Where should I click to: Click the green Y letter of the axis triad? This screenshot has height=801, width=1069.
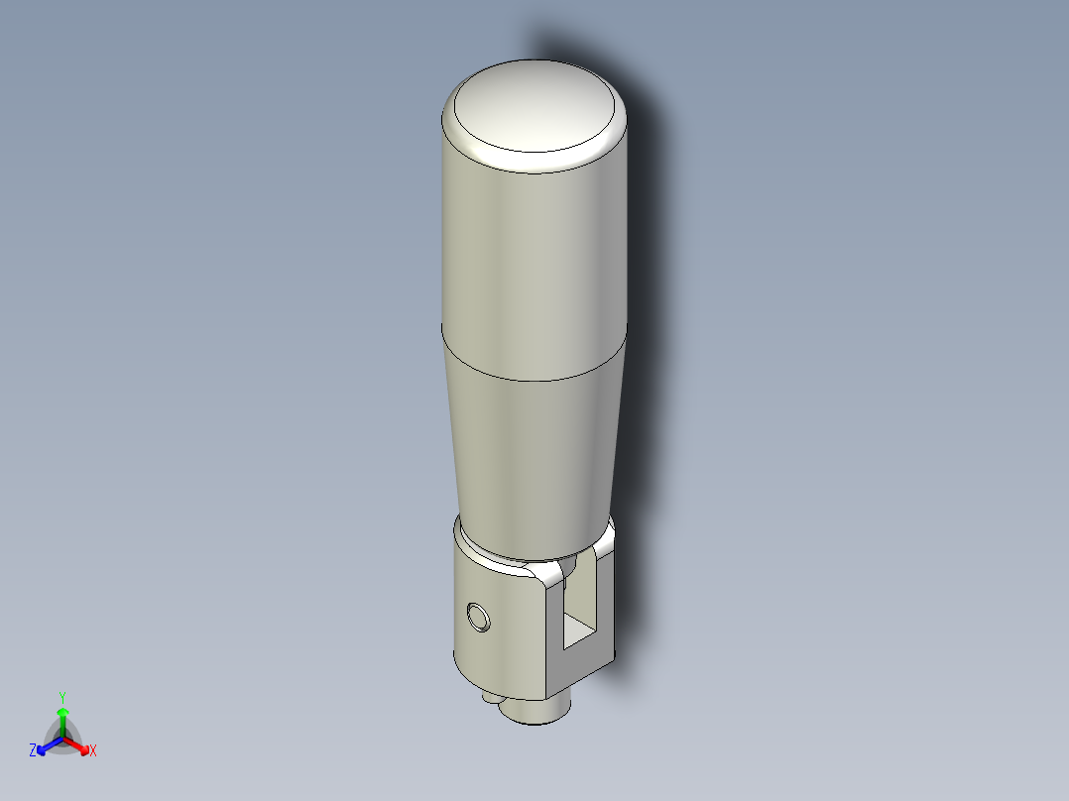62,697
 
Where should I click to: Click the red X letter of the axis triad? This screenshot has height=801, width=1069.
93,751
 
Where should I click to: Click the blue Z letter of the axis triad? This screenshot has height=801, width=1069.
33,751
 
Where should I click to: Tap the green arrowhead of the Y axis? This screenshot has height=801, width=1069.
62,712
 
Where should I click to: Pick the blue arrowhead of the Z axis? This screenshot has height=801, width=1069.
43,746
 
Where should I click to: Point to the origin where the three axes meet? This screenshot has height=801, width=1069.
62,739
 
